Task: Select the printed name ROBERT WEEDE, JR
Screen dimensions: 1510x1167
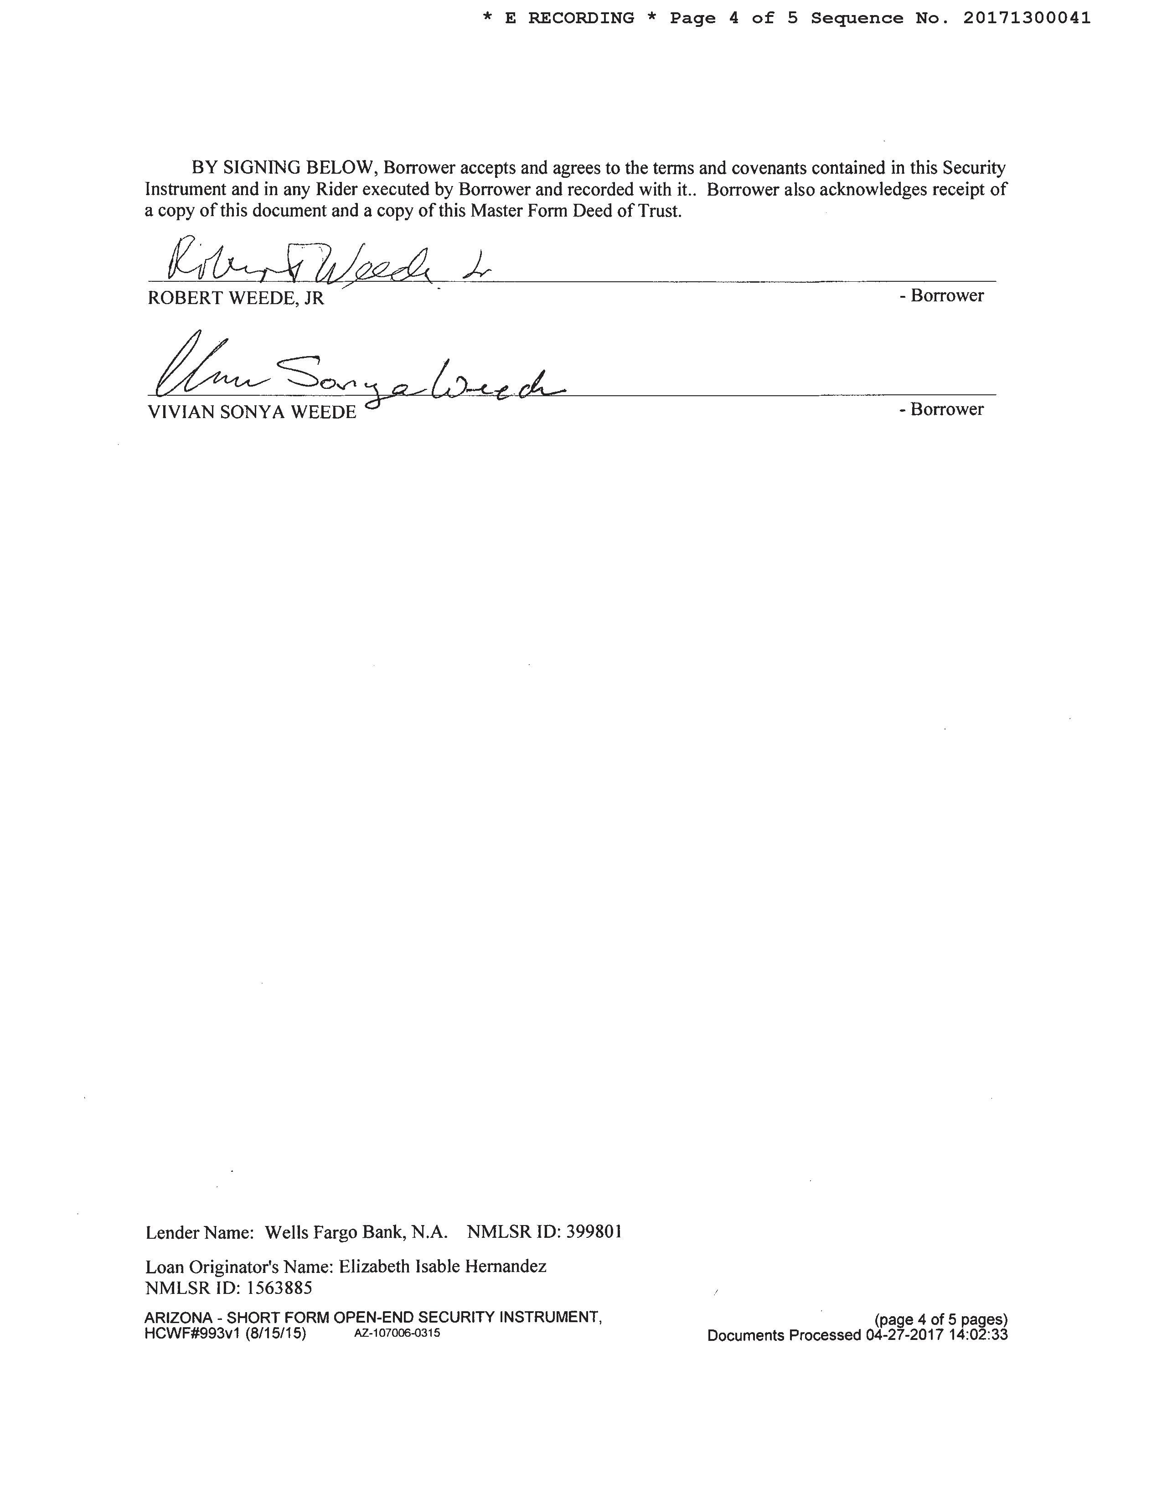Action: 236,298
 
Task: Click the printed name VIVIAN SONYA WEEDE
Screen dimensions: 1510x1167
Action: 252,412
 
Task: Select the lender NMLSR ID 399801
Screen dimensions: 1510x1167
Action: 594,1232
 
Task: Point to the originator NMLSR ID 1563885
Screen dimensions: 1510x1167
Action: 279,1288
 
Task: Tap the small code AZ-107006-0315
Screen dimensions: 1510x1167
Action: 397,1334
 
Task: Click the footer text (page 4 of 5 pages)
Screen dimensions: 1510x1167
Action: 941,1320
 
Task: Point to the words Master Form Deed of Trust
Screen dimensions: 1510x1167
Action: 576,211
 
